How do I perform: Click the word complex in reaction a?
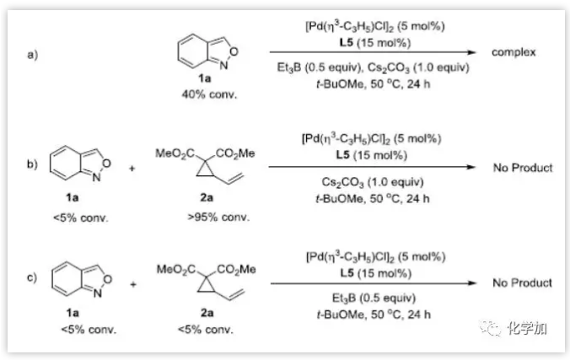coord(514,52)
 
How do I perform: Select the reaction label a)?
coord(34,55)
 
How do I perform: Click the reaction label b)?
coord(34,165)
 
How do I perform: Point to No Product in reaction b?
coord(523,168)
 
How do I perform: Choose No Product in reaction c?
coord(523,283)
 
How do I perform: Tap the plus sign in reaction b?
coord(132,168)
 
